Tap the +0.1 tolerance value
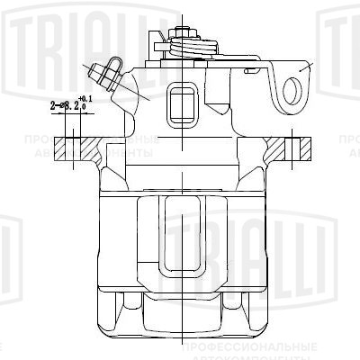point(85,98)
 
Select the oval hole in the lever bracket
point(292,90)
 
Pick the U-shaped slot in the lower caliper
point(185,243)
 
